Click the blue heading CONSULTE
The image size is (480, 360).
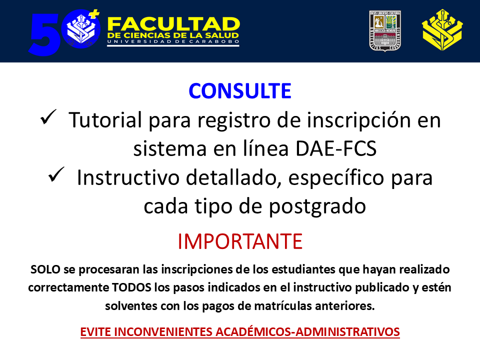239,91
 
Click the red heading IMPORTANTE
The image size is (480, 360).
240,241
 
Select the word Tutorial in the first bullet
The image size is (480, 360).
105,120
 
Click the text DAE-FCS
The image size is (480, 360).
336,149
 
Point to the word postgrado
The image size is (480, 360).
317,207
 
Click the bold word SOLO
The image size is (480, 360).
45,269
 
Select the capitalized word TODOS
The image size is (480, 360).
131,288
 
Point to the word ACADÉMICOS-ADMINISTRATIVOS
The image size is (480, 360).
307,332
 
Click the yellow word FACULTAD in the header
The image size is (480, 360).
173,24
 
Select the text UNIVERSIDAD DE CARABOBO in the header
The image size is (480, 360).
173,41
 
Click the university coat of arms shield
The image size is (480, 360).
385,31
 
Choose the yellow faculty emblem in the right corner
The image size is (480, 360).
442,30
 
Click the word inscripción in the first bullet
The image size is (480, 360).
358,120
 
